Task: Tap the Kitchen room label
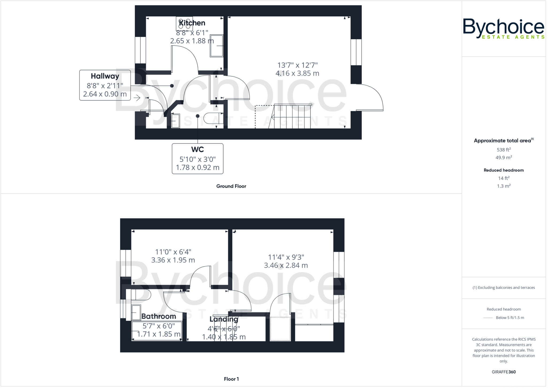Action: pos(192,23)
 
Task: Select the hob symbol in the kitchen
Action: pos(184,24)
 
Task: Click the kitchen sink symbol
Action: pos(216,46)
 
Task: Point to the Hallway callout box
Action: pos(105,85)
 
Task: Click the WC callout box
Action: pos(197,159)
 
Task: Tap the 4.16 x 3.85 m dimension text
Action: pos(297,73)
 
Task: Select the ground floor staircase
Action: pos(292,117)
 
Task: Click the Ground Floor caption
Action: pos(231,186)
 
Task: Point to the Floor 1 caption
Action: pos(231,379)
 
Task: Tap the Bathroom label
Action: pos(159,317)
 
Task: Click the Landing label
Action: pos(224,319)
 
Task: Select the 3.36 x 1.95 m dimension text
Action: pos(173,260)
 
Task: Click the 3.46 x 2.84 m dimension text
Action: pos(286,265)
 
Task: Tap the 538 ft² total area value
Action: pos(504,150)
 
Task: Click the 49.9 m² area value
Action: pos(504,157)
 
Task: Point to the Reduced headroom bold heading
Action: pos(504,170)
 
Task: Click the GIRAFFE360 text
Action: pos(504,372)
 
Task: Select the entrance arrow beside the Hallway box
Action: pos(137,98)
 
